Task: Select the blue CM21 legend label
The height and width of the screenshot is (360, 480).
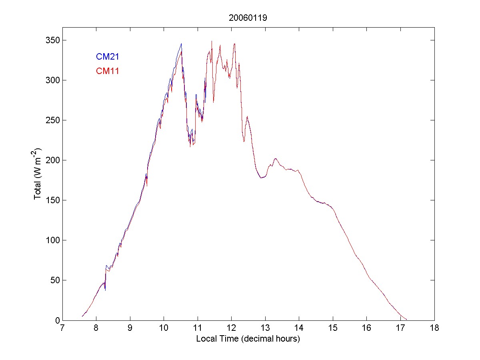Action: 108,57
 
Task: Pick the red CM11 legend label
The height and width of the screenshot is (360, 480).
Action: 108,71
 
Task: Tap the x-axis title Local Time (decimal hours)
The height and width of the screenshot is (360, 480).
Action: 248,338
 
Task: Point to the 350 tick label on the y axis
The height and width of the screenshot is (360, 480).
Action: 53,40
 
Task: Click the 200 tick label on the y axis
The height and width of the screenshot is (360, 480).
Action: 53,160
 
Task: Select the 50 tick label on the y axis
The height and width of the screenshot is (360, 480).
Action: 55,280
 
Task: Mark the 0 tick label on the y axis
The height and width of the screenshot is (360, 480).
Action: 57,320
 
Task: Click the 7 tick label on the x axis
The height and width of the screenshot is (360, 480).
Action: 62,328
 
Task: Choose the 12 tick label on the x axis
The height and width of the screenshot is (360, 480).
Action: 231,328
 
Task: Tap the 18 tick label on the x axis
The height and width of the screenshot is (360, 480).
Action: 434,328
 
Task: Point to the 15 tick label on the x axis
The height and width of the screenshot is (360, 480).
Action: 333,328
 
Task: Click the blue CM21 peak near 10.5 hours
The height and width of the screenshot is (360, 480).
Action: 181,44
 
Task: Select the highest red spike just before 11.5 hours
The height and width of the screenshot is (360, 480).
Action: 212,41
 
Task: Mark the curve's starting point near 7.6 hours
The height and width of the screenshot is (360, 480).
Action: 82,316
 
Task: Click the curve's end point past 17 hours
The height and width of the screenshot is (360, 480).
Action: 406,319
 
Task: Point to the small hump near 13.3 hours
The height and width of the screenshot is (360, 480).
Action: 275,159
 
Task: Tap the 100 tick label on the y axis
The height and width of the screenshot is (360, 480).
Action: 53,240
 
